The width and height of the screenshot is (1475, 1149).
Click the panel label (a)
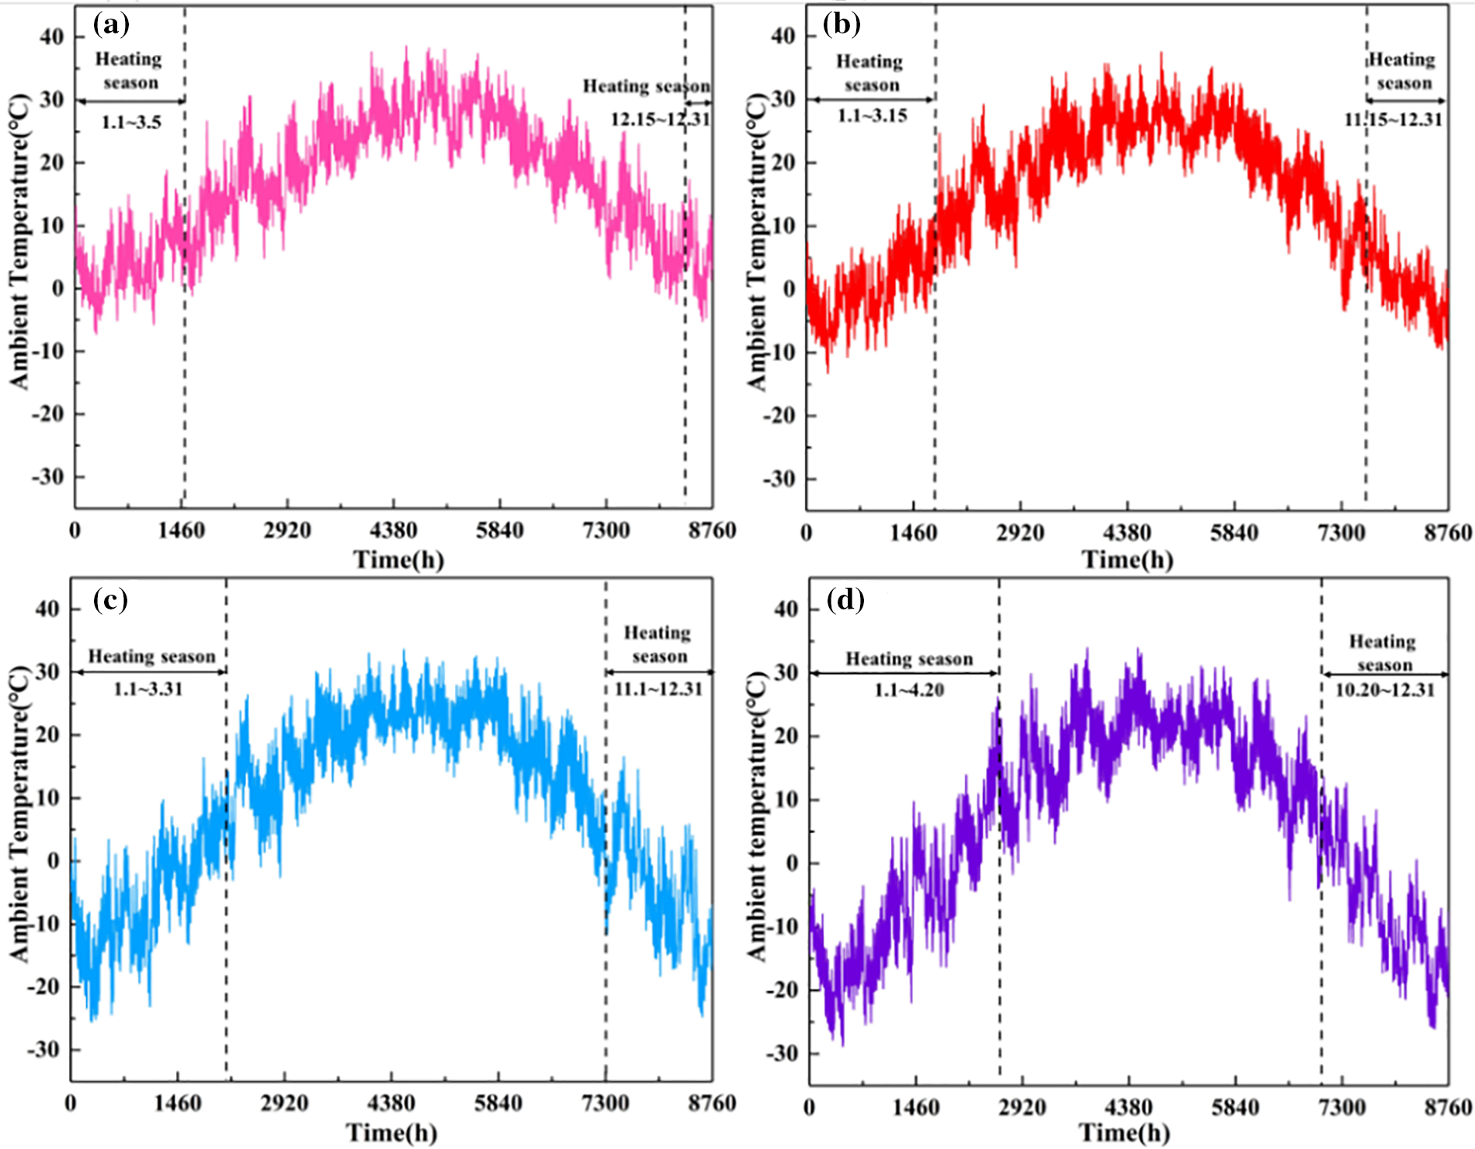coord(111,25)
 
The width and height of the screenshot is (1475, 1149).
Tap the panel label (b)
coord(842,25)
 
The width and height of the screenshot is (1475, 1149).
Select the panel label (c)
coord(110,599)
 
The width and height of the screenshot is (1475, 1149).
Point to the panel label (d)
coord(845,599)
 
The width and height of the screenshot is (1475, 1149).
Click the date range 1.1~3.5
coord(131,122)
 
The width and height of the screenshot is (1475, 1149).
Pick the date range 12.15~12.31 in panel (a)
coord(660,119)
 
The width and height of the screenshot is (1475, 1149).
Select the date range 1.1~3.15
coord(872,116)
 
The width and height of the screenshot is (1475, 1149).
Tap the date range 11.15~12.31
coord(1393,120)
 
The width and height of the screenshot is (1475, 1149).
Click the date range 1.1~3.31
coord(148,689)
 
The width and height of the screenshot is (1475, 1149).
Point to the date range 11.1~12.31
coord(658,689)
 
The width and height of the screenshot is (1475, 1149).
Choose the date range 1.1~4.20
coord(909,690)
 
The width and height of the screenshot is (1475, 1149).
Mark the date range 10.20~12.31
coord(1385,690)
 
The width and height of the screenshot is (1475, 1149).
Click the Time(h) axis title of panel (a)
coord(398,559)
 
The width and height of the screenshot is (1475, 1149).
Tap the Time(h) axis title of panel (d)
coord(1124,1133)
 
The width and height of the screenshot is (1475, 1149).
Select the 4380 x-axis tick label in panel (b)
coord(1126,533)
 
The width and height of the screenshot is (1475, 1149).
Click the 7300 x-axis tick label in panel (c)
coord(605,1103)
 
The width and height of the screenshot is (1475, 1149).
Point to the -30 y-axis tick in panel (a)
coord(47,476)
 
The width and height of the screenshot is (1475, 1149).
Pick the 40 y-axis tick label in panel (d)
coord(786,609)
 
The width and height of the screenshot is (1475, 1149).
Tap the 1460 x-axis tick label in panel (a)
coord(181,531)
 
